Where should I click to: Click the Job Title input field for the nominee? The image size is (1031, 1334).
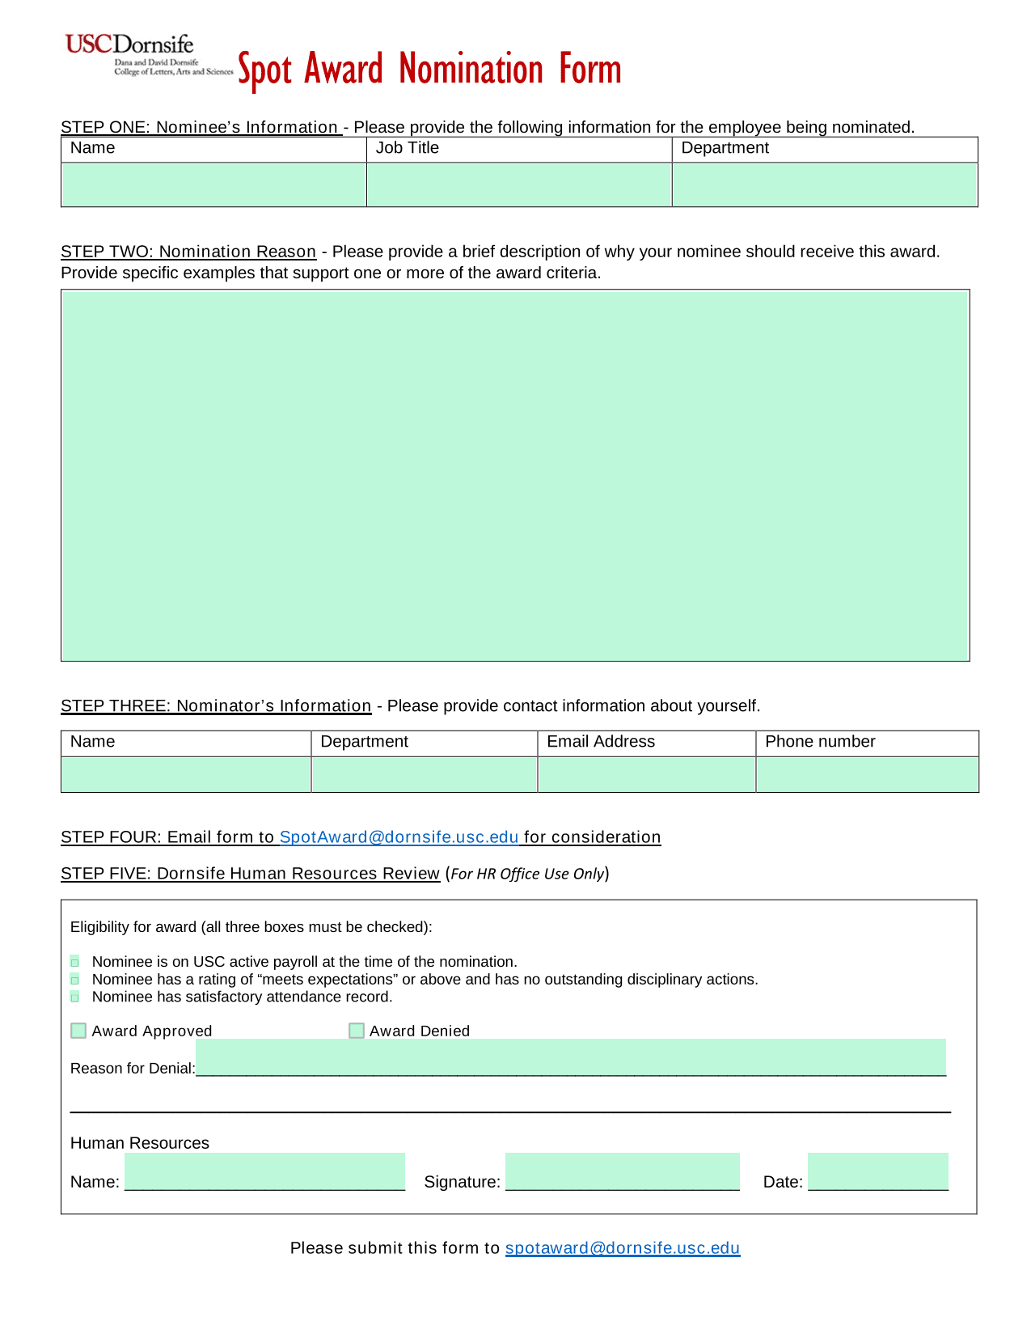(x=519, y=184)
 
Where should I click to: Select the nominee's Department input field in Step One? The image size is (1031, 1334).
(x=825, y=184)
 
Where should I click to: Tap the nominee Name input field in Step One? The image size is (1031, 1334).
(x=213, y=184)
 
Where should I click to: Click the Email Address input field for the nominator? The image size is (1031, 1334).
(x=646, y=774)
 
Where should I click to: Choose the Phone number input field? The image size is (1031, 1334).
(x=867, y=774)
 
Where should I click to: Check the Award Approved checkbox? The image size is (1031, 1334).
(x=78, y=1031)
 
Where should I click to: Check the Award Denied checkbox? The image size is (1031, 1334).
(x=357, y=1031)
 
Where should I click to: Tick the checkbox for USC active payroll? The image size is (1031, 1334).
(x=75, y=962)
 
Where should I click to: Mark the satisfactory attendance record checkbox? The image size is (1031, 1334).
(x=75, y=997)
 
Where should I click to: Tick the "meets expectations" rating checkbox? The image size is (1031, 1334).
(x=75, y=980)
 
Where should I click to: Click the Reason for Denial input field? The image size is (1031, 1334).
(x=570, y=1057)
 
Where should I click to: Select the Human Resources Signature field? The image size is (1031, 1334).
(x=622, y=1171)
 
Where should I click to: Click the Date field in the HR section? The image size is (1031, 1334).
(x=877, y=1171)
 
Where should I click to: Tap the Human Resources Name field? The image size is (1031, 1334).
(x=264, y=1171)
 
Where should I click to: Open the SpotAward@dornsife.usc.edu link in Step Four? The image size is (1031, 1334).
(x=399, y=837)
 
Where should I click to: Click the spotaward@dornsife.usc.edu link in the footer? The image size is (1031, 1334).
(x=622, y=1248)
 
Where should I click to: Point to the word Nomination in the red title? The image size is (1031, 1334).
(x=471, y=70)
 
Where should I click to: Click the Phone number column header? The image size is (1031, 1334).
(x=820, y=742)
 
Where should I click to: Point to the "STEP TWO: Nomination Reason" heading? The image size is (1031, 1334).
(x=188, y=252)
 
